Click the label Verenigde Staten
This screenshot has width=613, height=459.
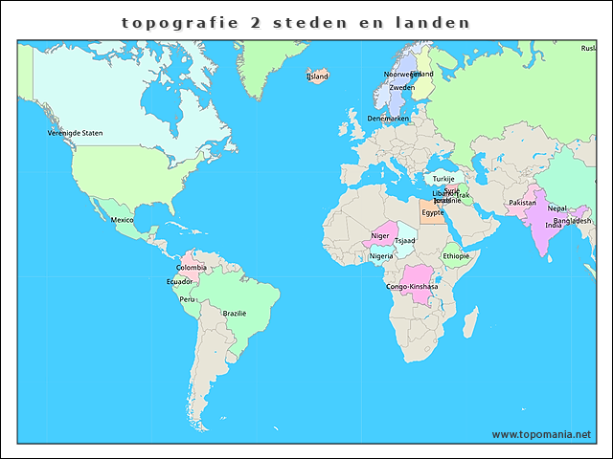click(75, 133)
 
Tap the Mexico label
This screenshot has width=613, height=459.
click(122, 220)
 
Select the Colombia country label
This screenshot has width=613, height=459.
click(191, 268)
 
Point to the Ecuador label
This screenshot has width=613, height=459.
click(179, 282)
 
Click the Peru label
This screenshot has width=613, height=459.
click(187, 299)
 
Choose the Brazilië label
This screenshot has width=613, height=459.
click(235, 313)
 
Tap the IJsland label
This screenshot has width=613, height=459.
click(317, 76)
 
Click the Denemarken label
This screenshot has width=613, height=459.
click(388, 119)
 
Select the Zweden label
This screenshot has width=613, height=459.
click(401, 87)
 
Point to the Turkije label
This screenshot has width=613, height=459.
click(443, 179)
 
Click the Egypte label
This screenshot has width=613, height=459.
click(433, 212)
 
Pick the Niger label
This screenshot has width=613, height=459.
click(379, 236)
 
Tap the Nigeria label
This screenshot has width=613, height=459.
click(381, 255)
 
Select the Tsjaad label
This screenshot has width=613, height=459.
click(405, 241)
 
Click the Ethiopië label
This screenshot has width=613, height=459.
click(456, 255)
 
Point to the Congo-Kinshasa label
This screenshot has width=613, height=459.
click(412, 287)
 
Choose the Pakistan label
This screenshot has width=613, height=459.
click(522, 203)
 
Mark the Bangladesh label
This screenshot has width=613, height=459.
click(572, 220)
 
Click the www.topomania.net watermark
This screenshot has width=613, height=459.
click(542, 434)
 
